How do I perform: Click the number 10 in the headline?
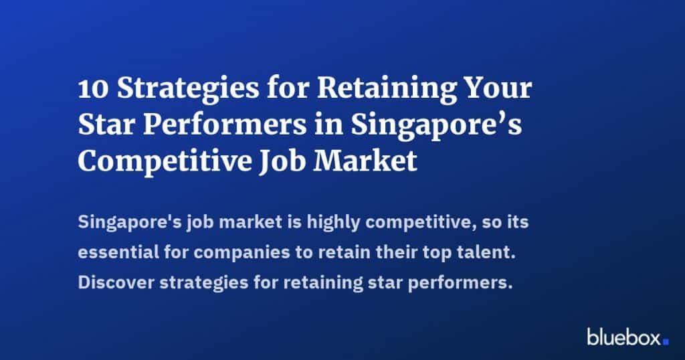tap(93, 89)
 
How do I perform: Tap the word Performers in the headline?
tap(225, 124)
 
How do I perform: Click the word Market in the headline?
tap(365, 161)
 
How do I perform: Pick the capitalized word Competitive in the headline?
tap(165, 162)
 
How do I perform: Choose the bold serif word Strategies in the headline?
tap(188, 90)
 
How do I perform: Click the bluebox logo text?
tap(624, 337)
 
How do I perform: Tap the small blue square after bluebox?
tap(666, 342)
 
